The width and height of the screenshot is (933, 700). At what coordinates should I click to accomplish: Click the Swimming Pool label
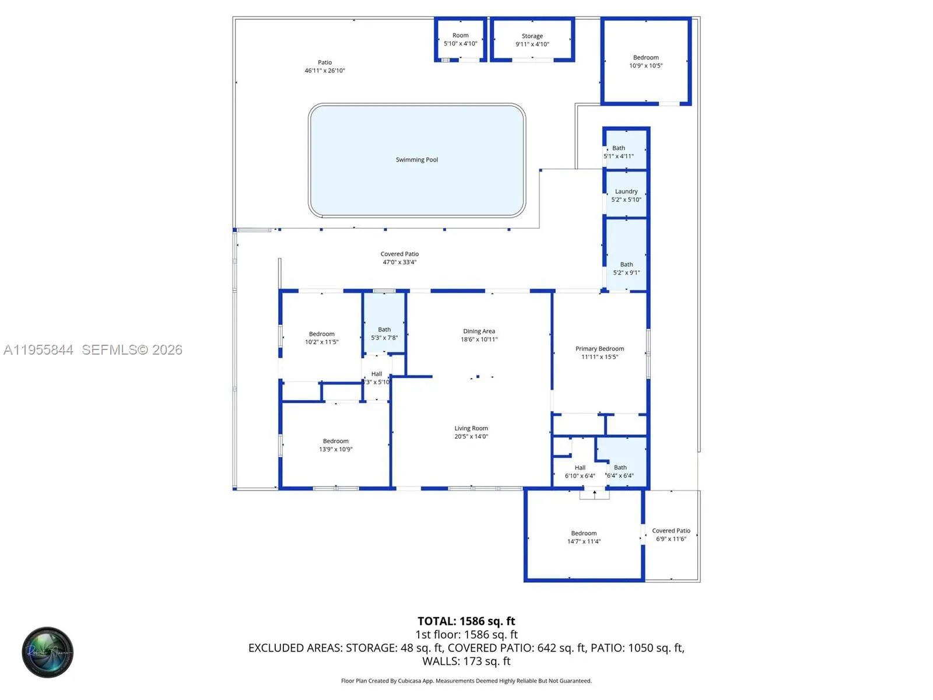coord(416,160)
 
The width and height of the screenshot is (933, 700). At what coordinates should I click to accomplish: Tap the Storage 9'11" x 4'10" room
coord(532,40)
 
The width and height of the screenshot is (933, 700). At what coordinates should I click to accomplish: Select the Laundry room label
coord(626,191)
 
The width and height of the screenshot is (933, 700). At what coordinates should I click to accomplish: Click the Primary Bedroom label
coord(599,349)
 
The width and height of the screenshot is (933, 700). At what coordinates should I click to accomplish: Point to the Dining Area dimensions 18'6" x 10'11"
coord(479,339)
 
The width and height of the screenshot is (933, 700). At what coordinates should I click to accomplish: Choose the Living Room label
coord(471,428)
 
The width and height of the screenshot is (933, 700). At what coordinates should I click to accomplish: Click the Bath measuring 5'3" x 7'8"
coord(384,334)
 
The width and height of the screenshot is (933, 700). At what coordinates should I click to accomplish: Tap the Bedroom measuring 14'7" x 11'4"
coord(584,537)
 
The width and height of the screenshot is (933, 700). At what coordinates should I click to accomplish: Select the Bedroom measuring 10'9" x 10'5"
coord(646,61)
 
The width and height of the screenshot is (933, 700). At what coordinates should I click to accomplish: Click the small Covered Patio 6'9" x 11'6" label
coord(671,534)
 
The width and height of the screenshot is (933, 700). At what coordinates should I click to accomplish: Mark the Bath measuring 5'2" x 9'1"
coord(626,268)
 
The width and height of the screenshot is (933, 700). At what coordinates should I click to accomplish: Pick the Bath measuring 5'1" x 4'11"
coord(619,152)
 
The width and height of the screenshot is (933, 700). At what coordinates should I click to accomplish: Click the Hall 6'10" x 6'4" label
coord(580,471)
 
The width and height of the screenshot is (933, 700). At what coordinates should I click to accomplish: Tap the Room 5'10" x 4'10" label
coord(460,39)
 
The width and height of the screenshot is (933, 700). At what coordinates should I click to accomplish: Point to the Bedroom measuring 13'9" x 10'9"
coord(335,445)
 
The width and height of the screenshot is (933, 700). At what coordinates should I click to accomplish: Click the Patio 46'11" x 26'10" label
coord(325,66)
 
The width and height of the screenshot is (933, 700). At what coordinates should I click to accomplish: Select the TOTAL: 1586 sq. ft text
coord(466,621)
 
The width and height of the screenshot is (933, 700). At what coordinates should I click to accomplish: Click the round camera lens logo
coord(48,652)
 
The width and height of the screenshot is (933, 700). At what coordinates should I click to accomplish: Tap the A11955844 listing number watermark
coord(38,349)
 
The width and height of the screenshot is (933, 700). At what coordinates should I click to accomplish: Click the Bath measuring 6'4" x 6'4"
coord(620,471)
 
